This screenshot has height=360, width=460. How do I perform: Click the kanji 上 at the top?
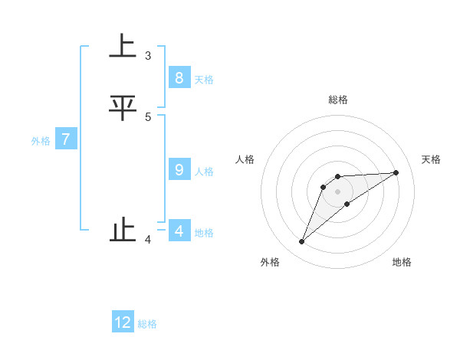123,47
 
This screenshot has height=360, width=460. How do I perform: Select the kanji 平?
123,107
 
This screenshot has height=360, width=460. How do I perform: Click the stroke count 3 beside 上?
148,56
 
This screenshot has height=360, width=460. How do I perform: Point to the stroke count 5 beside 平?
148,116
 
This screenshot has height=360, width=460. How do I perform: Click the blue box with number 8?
179,77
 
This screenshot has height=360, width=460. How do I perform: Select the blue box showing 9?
179,169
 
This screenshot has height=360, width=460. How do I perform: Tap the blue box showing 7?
66,139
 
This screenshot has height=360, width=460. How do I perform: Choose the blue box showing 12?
123,322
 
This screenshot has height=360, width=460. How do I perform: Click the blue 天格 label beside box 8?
204,80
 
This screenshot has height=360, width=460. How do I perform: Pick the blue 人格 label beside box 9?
204,172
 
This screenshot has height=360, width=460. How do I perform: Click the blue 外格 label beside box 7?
40,142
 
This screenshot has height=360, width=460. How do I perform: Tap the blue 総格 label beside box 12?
147,325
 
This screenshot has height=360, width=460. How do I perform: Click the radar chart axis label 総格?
338,100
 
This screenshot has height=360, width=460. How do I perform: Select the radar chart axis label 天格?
432,159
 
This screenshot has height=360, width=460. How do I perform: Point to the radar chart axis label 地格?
402,262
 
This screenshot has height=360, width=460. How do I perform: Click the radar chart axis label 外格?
270,262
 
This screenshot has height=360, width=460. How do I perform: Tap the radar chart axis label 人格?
245,159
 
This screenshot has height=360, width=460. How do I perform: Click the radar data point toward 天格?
396,172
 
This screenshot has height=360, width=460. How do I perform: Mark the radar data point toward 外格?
302,242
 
